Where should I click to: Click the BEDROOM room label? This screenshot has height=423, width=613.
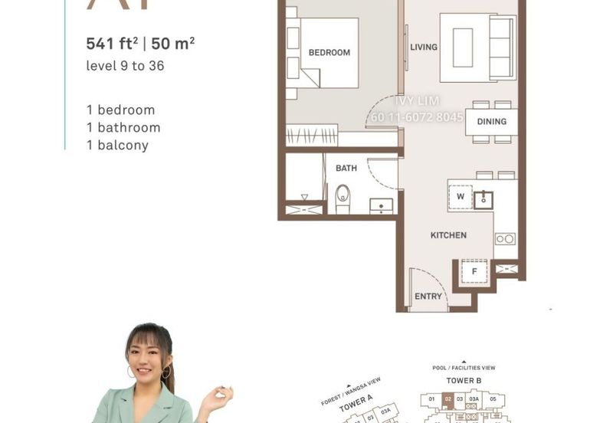coord(329,53)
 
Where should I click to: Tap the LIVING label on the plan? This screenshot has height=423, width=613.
coord(424,48)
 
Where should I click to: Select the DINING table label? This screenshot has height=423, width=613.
coord(491,122)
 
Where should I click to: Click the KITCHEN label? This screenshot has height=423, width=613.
coord(448,235)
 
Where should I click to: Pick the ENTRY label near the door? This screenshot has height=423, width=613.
coord(428,297)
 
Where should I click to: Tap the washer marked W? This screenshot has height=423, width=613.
coord(461,196)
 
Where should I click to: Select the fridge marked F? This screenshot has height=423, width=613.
coord(474,271)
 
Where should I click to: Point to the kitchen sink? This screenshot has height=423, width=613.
coord(483,200)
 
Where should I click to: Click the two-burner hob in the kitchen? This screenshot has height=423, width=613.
coord(505,239)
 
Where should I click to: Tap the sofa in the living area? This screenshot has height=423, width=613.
coord(502,48)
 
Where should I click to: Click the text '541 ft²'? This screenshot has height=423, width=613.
coord(113,44)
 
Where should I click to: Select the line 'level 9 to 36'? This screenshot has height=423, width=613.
coord(125,66)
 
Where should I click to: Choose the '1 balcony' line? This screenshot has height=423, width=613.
coord(117,145)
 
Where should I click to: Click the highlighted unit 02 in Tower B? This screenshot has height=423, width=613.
coord(448,399)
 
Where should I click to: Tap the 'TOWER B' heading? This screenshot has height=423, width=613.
coord(464,380)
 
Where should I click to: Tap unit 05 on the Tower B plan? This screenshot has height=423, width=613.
coord(494,399)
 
